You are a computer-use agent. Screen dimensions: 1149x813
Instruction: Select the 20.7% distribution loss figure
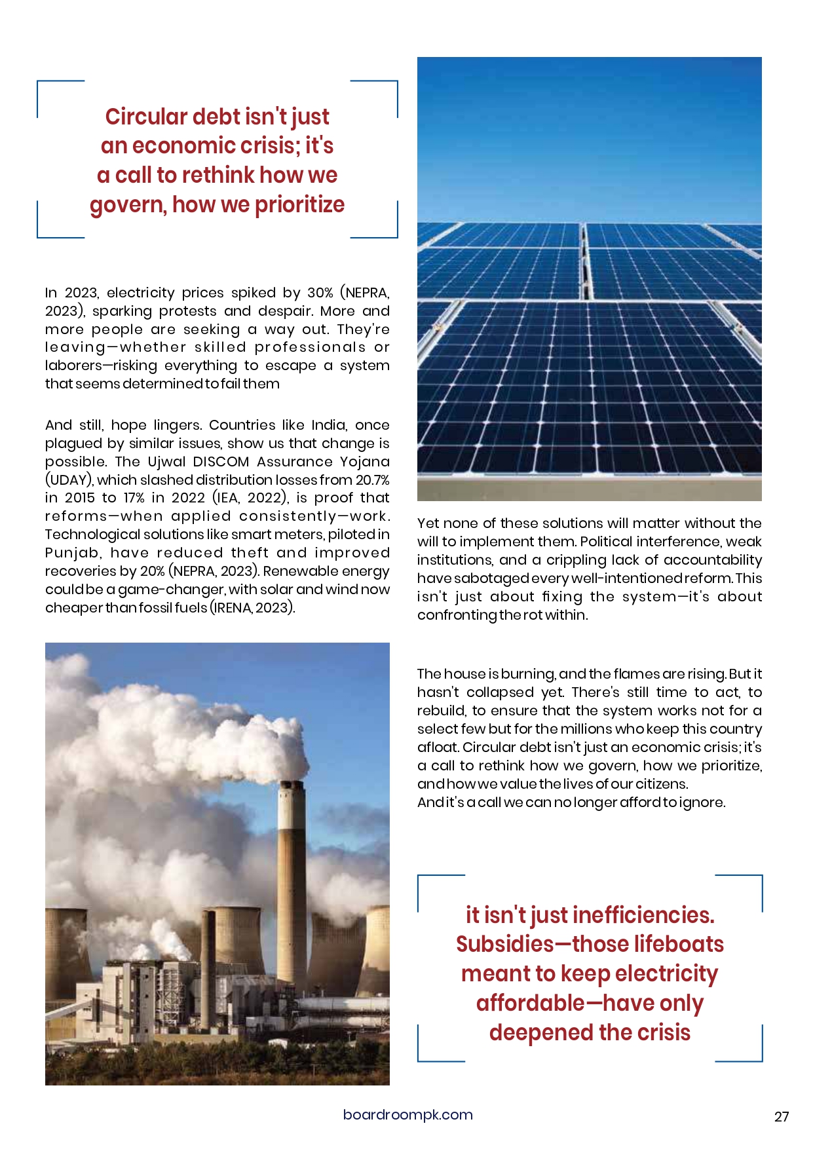(372, 480)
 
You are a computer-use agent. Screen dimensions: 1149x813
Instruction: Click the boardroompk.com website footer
(407, 1115)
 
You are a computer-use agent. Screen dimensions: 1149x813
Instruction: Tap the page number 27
(782, 1117)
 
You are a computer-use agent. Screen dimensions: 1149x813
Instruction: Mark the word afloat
(438, 747)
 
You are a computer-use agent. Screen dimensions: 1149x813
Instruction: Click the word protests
(187, 311)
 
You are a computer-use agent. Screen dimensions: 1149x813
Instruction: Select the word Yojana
(364, 462)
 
